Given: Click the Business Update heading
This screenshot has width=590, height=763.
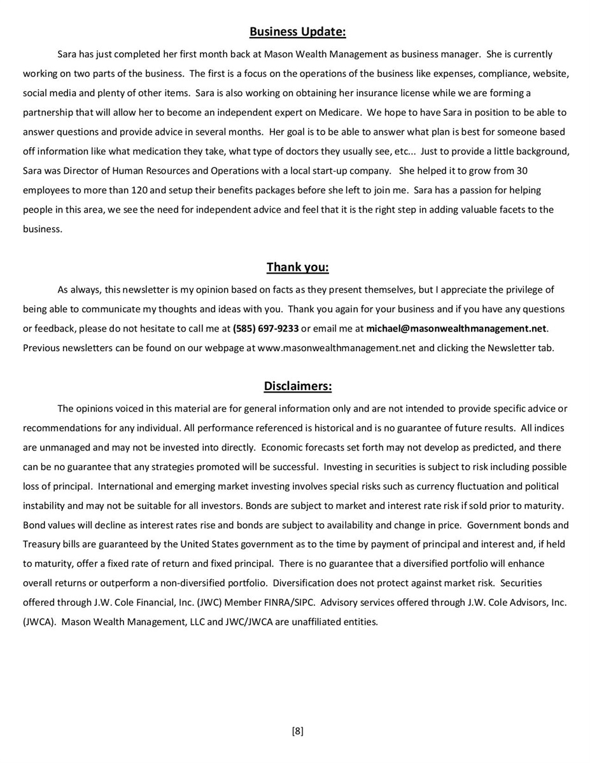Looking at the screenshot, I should point(297,32).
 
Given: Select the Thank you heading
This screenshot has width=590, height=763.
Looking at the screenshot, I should point(297,267).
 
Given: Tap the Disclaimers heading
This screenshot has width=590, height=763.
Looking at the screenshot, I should point(297,386).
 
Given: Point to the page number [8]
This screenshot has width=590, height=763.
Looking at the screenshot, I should point(297,731).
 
